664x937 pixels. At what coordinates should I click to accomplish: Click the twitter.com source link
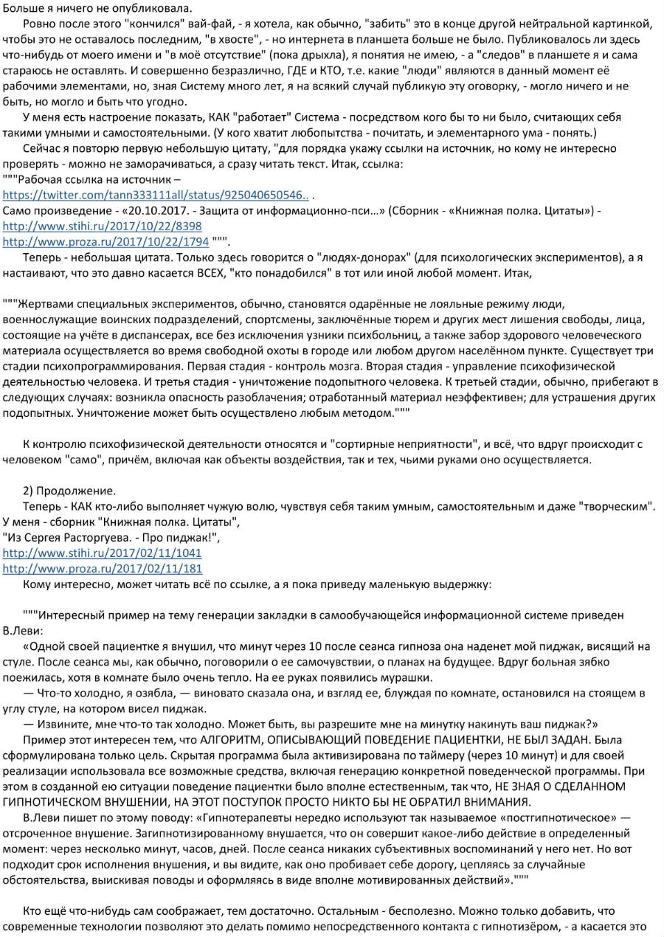click(156, 195)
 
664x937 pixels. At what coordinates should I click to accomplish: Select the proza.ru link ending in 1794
click(106, 241)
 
